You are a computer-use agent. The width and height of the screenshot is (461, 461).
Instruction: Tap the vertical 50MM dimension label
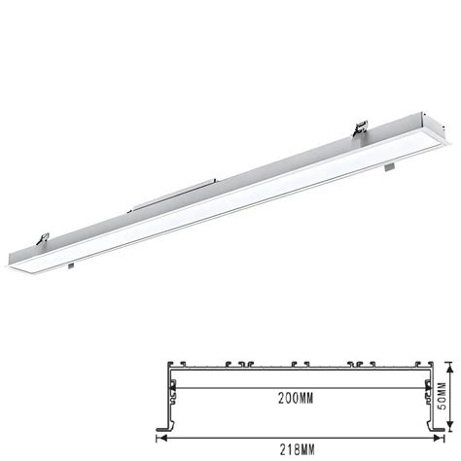click(442, 396)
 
